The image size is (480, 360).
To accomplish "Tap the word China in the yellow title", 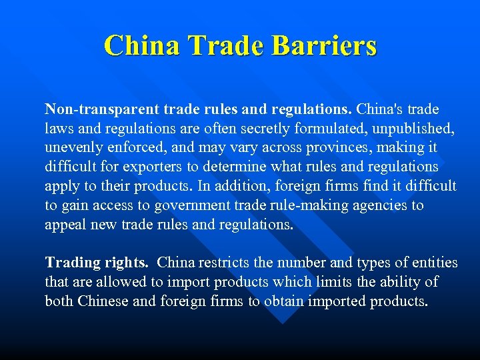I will click(x=141, y=45).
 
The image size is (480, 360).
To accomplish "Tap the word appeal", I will click(x=63, y=225).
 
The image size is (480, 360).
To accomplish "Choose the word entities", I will click(x=434, y=263).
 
